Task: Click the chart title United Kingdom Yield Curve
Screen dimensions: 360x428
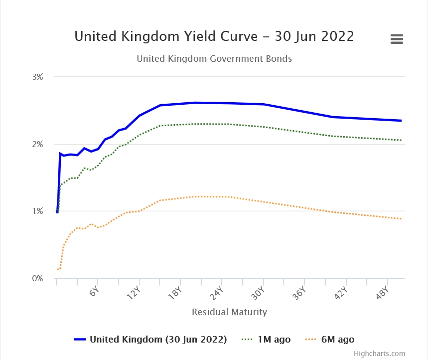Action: (214, 36)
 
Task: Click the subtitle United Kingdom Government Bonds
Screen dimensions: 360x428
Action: (214, 59)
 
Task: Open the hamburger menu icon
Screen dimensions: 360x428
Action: (397, 39)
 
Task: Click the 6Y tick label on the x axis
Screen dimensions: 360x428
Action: (94, 292)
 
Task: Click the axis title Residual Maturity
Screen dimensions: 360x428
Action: (229, 312)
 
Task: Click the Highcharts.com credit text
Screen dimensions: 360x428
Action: (379, 354)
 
